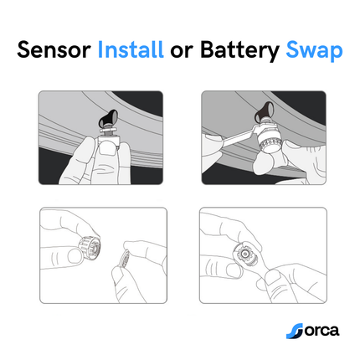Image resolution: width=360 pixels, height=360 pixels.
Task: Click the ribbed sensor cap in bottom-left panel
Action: coord(89,249)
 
